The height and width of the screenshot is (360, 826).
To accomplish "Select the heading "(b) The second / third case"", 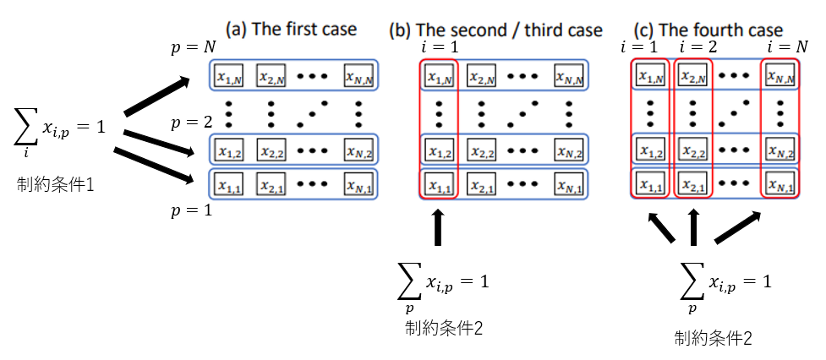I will coord(495,30).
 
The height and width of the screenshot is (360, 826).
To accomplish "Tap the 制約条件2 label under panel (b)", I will coord(443,328).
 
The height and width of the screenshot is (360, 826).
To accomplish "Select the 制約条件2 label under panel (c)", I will coord(713,339).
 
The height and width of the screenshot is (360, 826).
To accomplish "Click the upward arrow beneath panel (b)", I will coord(437,228).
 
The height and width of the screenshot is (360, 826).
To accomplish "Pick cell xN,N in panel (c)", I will coord(780,77).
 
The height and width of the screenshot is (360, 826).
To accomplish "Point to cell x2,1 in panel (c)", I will coord(692,184).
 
